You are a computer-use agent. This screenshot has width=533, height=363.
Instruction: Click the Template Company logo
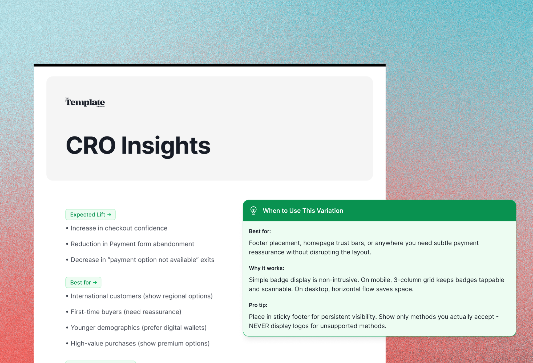coord(85,102)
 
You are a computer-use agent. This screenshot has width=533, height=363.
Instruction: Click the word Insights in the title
coord(166,146)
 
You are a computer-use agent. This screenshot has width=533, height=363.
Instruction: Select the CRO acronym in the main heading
coord(91,145)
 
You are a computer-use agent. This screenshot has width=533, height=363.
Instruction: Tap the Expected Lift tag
coord(90,214)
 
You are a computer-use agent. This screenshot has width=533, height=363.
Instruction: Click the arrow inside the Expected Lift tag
coord(109,214)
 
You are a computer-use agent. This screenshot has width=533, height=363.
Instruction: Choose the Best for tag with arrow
coord(83,282)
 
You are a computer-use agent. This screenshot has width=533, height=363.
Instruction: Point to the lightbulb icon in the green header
coord(253,211)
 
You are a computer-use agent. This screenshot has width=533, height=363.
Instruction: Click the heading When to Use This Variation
coord(303,211)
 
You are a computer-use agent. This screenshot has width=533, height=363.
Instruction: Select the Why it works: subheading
coord(266,268)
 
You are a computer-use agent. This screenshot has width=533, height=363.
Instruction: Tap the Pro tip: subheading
coord(258,305)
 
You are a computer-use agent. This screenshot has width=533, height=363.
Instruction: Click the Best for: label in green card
coord(260,231)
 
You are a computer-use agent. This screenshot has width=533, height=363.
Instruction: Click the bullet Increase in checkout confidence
coord(117,228)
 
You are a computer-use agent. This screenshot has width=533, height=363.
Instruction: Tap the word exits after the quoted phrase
coord(207,260)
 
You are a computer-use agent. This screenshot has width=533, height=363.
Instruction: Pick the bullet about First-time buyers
coord(124,312)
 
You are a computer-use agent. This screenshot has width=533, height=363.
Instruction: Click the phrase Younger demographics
coord(105,328)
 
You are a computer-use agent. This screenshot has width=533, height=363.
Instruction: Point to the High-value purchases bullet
coord(138,344)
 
